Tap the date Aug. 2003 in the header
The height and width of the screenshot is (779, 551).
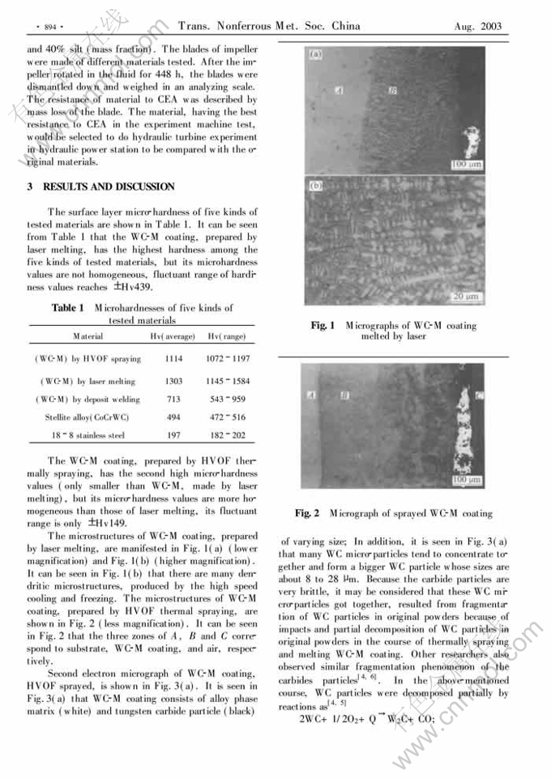click(479, 27)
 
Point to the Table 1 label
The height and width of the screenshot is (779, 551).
click(68, 308)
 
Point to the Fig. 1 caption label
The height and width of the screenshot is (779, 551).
click(322, 326)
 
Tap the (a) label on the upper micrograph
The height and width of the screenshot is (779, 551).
click(314, 55)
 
